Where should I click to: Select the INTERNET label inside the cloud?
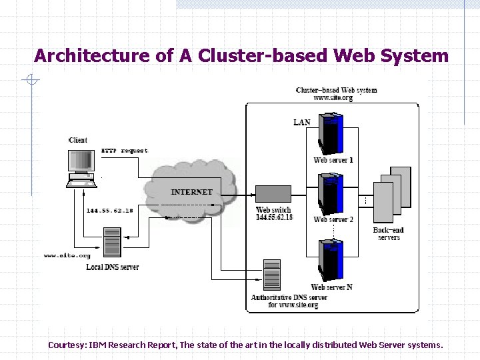191,192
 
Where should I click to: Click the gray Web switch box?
273,194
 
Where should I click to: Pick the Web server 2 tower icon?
332,194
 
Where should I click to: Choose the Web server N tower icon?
332,261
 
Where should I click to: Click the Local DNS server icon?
113,243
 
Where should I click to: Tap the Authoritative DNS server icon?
272,274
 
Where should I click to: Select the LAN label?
302,122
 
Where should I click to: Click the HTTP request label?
125,151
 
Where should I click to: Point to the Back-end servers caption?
389,234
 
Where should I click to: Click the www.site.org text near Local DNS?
67,255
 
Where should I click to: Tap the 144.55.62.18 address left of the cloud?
109,211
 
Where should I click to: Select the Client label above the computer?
78,140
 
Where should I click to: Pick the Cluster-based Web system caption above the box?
336,90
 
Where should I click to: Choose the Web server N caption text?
331,287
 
